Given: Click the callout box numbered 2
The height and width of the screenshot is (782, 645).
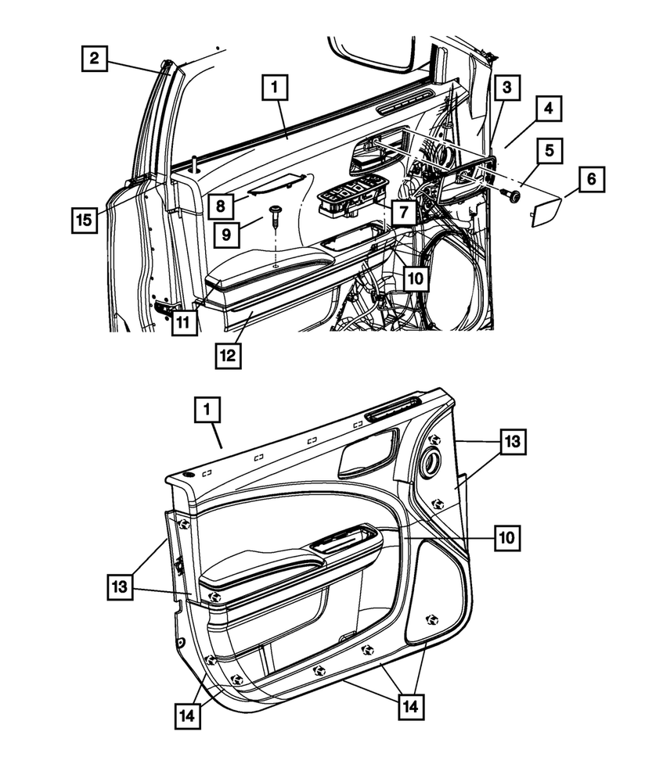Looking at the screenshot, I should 94,57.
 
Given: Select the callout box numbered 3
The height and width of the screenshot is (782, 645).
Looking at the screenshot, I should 507,89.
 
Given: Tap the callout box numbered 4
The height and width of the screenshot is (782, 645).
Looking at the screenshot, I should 549,109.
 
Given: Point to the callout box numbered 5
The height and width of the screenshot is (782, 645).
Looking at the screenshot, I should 549,150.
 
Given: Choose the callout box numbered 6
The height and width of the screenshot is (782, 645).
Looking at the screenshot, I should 591,180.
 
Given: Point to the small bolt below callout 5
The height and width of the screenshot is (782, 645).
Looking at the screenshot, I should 514,195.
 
